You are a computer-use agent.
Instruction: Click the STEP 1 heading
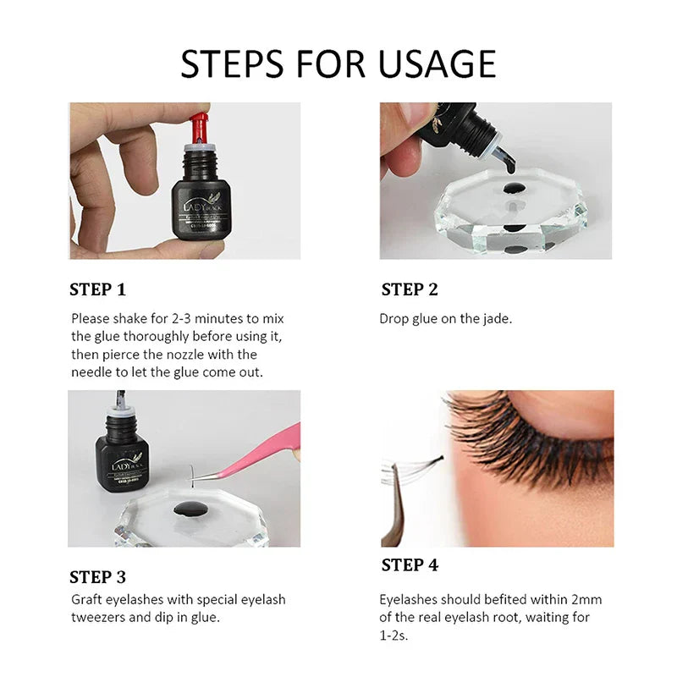(97, 289)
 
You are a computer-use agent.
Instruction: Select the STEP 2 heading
(410, 289)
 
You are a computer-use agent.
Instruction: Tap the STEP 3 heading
(97, 577)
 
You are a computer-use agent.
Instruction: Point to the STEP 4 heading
(410, 565)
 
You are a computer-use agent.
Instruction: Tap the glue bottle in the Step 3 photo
(124, 449)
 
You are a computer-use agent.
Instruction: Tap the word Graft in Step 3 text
(88, 599)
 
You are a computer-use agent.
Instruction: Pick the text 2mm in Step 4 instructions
(585, 599)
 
